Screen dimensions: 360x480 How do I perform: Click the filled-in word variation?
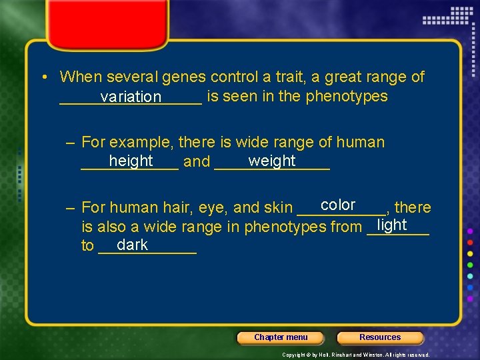(131, 97)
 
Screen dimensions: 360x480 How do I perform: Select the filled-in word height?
(131, 161)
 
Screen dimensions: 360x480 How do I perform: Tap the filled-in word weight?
(271, 161)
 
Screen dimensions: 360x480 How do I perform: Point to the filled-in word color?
(338, 205)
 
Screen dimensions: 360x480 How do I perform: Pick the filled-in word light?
(391, 225)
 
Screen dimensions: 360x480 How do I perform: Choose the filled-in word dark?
(132, 245)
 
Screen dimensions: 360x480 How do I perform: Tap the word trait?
(267, 77)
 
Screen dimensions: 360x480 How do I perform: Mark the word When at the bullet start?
(81, 77)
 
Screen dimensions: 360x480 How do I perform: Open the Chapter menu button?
(281, 337)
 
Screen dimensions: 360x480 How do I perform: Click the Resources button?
(380, 337)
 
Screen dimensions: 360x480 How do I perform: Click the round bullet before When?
(43, 78)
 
